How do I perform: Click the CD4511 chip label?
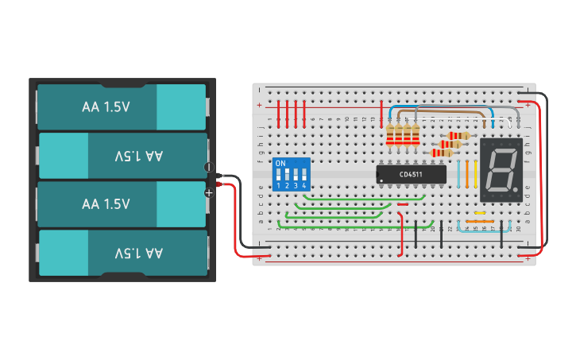411,174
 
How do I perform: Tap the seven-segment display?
501,169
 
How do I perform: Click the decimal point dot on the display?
517,189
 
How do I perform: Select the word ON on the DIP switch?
280,163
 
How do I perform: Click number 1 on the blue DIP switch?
278,186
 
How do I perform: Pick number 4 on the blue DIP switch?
304,186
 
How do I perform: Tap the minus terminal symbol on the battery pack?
209,168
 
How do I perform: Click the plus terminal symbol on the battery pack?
209,192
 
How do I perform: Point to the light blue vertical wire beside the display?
458,171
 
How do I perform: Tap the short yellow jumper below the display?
479,213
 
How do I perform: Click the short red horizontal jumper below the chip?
403,204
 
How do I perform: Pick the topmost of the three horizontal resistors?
459,136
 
